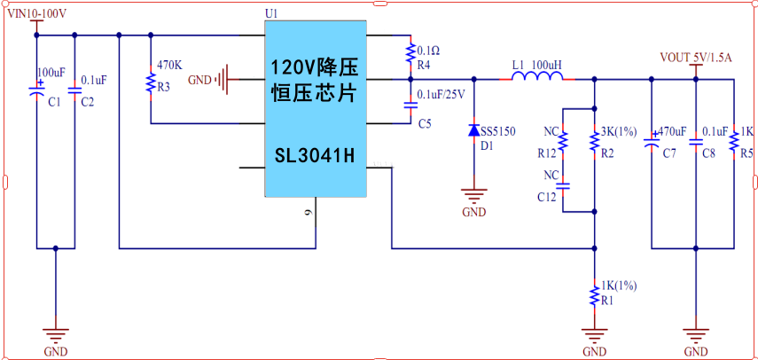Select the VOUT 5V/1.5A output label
[x=696, y=58]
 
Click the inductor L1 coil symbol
[x=536, y=80]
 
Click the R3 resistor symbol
[x=150, y=84]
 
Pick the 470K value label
[x=169, y=66]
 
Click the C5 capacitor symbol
[x=410, y=105]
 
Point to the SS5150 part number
[x=497, y=131]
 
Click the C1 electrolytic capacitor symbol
[x=36, y=90]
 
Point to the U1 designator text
[x=271, y=14]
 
